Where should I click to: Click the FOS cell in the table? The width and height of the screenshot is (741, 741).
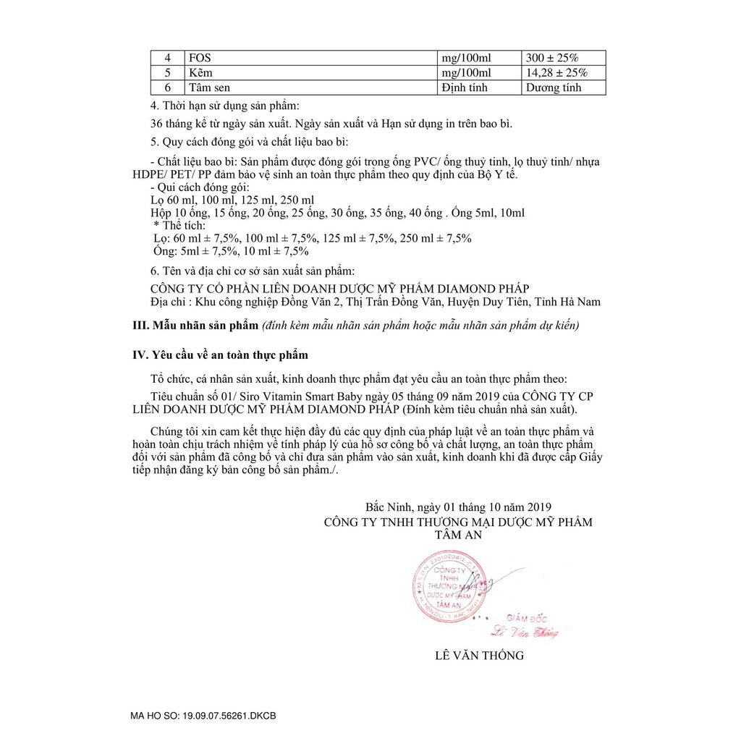click(x=199, y=58)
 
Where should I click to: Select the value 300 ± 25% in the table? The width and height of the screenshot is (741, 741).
click(x=554, y=58)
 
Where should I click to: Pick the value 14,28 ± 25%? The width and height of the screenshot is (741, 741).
click(x=556, y=73)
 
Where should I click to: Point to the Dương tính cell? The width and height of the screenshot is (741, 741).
click(x=554, y=88)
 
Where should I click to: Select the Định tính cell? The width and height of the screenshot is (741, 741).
click(x=465, y=88)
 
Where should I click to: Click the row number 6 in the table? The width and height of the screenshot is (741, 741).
click(x=167, y=88)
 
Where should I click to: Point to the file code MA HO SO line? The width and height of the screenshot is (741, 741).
click(x=203, y=716)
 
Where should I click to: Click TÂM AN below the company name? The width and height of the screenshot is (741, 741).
click(x=458, y=535)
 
